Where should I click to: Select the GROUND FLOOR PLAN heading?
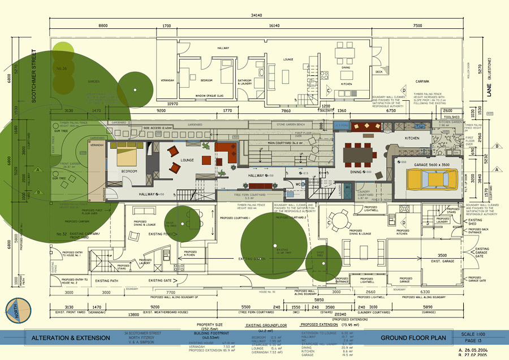pyautogui.click(x=413, y=338)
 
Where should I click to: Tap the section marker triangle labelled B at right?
pyautogui.click(x=497, y=146)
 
